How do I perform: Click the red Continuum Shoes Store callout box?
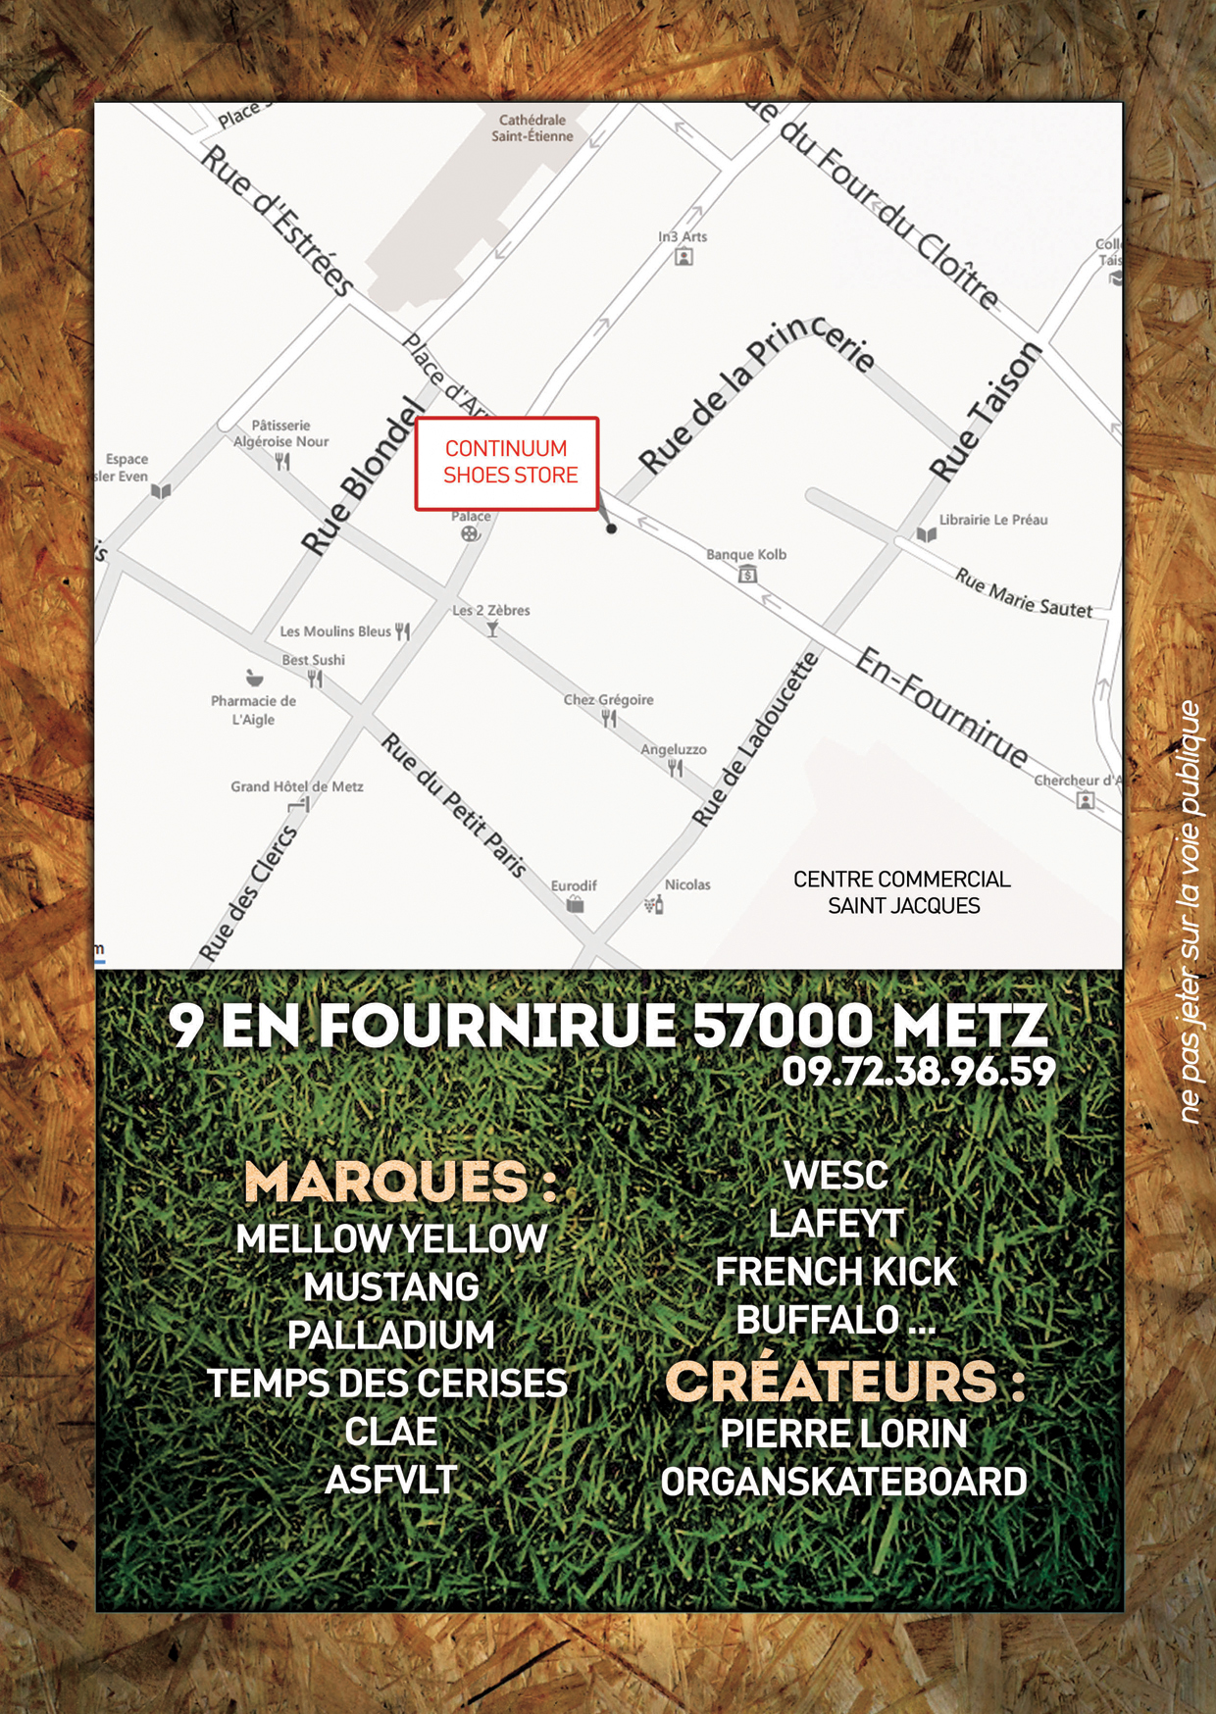507,463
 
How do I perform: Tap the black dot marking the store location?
611,529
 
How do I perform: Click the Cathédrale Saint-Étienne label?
532,128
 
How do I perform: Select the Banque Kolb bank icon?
747,575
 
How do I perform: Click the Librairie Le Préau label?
992,520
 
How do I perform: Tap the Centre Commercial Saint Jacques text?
902,892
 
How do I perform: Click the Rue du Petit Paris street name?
454,804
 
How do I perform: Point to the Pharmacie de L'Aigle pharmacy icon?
254,678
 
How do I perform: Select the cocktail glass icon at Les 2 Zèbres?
492,630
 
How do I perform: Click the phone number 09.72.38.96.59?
918,1071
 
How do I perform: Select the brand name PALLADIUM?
390,1336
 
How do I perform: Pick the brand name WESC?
836,1176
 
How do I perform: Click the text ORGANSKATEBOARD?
843,1482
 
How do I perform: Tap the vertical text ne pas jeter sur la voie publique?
1190,912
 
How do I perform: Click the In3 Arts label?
683,236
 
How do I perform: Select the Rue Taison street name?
984,412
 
